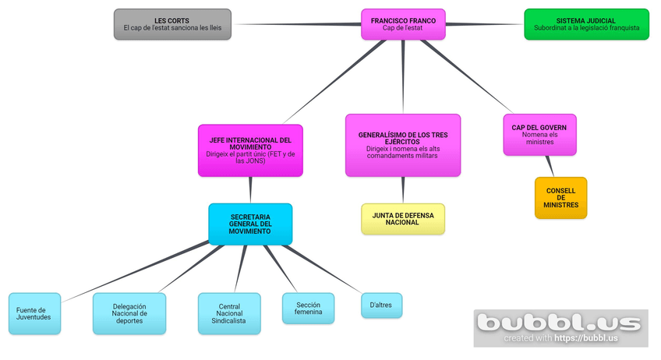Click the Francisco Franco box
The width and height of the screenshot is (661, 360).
point(403,24)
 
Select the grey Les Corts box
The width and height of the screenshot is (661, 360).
point(172,24)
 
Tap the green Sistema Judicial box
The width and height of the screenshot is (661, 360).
point(586,24)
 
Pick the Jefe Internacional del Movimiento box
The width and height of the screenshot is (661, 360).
point(250,150)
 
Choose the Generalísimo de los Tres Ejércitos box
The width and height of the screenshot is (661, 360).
point(403,145)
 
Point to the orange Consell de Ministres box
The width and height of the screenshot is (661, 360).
point(560,198)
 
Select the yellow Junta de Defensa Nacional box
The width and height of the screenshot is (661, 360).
point(403,219)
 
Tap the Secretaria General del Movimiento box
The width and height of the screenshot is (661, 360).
point(250,224)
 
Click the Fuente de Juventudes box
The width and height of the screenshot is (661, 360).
point(34,313)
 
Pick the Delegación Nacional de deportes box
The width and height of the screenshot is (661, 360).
point(129,313)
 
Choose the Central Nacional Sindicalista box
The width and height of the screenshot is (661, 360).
point(229,313)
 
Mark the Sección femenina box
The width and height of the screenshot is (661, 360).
point(308,309)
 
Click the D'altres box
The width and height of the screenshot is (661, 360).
point(381,305)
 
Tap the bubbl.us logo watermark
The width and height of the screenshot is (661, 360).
point(560,322)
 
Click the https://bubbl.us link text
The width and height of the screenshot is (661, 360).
point(587,339)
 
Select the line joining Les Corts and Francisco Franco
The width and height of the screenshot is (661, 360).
point(296,24)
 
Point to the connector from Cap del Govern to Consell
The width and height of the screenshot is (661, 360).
point(550,166)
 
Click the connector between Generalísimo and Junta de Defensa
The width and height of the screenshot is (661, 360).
point(403,190)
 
